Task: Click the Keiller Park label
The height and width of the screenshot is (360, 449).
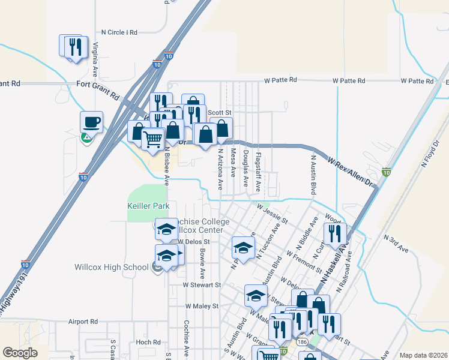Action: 149,206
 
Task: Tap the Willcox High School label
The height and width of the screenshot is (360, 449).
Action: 112,267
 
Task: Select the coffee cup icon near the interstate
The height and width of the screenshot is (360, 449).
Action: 91,122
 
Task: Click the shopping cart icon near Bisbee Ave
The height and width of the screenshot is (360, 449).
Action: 152,139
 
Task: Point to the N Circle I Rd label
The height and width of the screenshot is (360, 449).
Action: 119,32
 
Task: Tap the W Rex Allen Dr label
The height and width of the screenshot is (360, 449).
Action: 350,172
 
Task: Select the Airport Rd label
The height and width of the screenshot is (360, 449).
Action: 83,322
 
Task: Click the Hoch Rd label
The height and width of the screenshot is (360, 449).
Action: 148,342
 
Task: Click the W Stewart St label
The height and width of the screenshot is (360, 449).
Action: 202,285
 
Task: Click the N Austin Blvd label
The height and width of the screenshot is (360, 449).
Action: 313,174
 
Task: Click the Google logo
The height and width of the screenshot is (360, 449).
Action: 20,353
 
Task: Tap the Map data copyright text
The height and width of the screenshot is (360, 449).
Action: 423,355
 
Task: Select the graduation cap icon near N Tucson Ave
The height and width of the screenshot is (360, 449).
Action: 243,247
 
